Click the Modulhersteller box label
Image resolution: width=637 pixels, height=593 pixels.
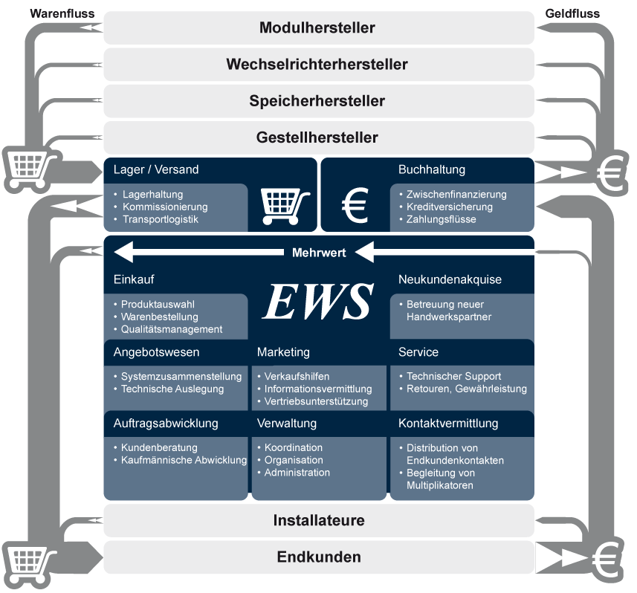coord(317,28)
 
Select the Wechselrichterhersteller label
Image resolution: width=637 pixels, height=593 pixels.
coord(317,65)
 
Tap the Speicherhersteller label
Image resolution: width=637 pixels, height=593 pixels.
coord(317,101)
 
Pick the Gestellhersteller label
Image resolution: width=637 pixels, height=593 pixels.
coord(317,137)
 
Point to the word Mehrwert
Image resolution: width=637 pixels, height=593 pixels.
coord(319,253)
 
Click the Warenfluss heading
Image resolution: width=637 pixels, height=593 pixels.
coord(57,13)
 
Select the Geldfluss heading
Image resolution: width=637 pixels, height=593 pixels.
coord(572,13)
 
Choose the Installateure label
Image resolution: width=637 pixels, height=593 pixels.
coord(319,520)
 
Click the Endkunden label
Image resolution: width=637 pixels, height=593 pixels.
coord(319,557)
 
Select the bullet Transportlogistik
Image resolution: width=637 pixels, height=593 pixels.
coord(165,219)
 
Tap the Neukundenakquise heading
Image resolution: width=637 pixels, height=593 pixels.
coord(450,280)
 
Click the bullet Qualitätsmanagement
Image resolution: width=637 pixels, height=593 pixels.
coord(172,329)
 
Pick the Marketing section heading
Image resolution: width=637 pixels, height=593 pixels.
coord(283,352)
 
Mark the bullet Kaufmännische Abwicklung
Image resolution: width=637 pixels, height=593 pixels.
coord(184,460)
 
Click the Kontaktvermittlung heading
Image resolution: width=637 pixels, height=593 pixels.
coord(448,424)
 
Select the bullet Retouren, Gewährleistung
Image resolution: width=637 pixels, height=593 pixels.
coord(467,389)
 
